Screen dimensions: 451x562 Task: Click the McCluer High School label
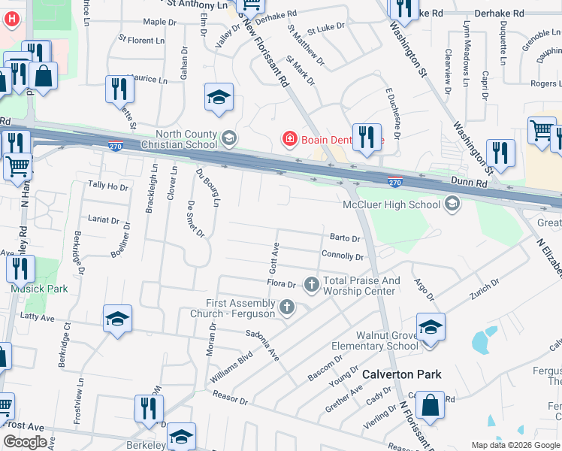click(391, 204)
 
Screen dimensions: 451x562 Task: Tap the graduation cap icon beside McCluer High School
click(452, 203)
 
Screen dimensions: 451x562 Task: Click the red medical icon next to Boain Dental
click(289, 139)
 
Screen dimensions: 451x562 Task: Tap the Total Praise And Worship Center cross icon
click(311, 284)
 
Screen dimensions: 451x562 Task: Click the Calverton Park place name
click(401, 374)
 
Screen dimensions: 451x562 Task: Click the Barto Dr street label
click(346, 238)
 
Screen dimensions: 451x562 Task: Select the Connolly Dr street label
click(342, 256)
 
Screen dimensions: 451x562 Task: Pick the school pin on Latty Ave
click(118, 319)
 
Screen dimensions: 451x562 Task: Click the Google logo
click(25, 442)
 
